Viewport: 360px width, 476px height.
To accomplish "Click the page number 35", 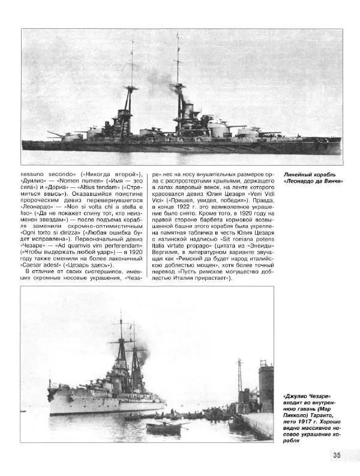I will pos(337,455).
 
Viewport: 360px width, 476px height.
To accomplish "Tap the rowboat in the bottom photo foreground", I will pos(163,427).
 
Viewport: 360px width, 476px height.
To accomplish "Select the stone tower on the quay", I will pos(265,390).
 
